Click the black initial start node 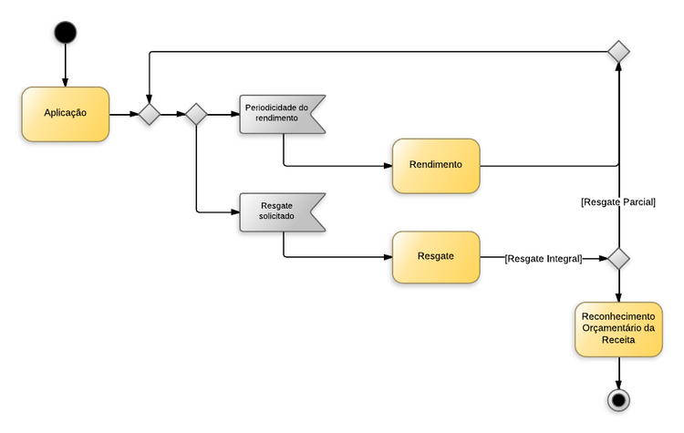coord(65,33)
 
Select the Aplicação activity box coord(66,114)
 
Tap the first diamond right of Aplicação coord(148,114)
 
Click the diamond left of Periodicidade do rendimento coord(196,114)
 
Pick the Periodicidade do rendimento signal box coord(279,114)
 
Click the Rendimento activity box coord(436,165)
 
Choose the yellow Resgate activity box coord(436,257)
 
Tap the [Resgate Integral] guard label coord(544,259)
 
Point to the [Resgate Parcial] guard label coord(618,201)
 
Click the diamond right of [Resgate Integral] coord(619,259)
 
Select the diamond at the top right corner coord(619,52)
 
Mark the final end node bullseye coord(619,400)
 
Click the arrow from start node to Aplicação coord(65,64)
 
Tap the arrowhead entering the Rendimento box coord(386,166)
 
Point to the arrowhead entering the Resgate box coord(386,257)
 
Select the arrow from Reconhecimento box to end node coord(619,371)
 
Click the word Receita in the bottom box coord(618,339)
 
